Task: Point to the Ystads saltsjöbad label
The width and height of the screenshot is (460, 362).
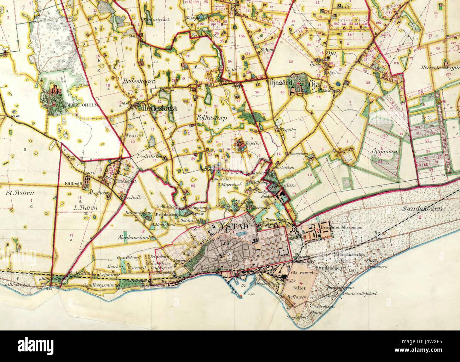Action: click(358, 293)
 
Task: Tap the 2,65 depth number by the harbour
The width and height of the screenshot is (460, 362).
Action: click(252, 294)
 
